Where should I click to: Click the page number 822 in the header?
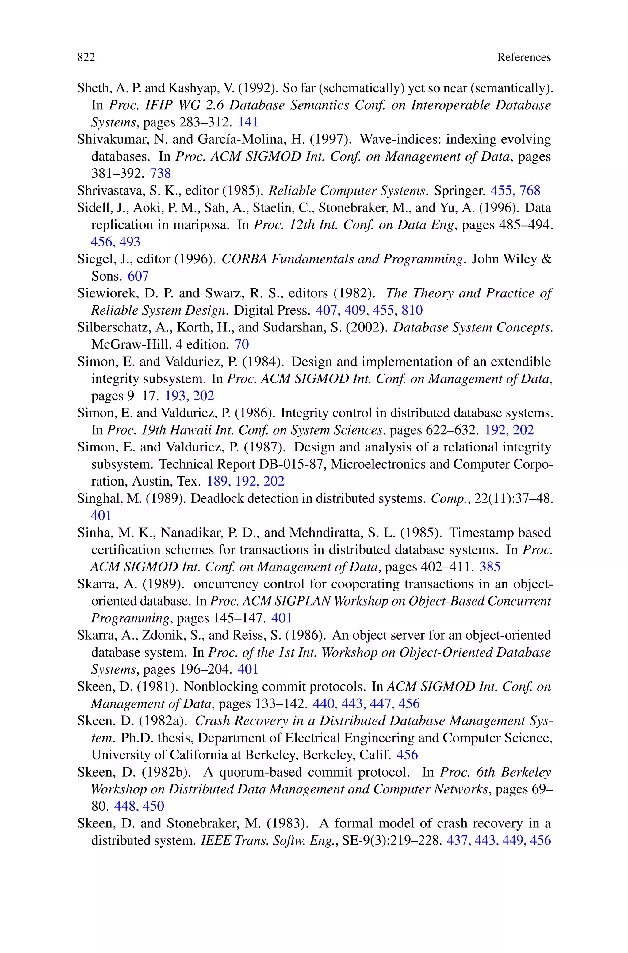point(86,57)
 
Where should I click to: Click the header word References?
point(523,57)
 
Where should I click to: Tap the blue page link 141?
point(248,122)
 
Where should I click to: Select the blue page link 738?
point(160,173)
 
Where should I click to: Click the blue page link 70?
point(242,344)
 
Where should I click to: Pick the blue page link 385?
point(489,566)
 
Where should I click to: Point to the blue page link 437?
point(459,840)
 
